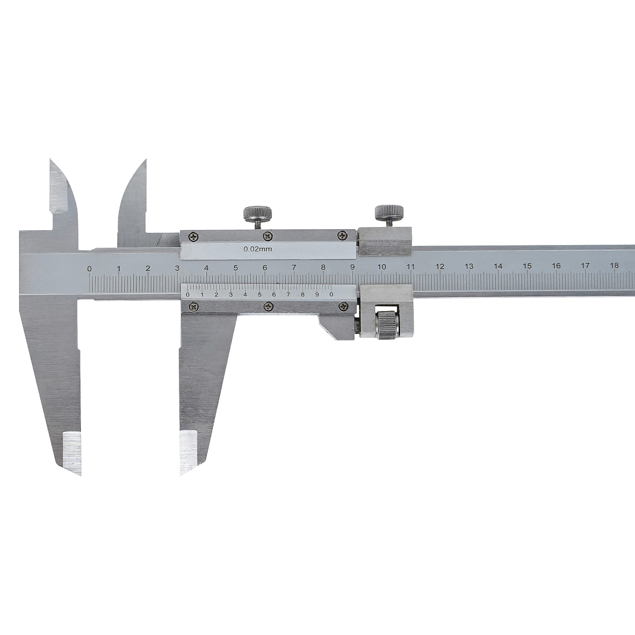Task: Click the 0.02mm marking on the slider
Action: [258, 249]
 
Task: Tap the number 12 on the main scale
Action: [440, 266]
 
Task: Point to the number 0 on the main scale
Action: [89, 269]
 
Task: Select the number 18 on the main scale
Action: [614, 265]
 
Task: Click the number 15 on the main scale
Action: [527, 266]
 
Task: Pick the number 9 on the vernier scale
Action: [317, 295]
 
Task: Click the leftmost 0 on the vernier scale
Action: [188, 295]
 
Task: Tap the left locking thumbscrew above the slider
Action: [258, 216]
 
